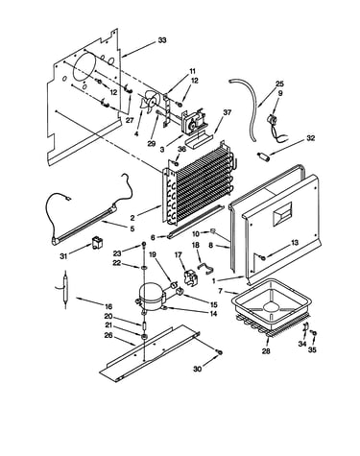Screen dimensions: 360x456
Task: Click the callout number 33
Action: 162,40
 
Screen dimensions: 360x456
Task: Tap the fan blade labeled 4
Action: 148,101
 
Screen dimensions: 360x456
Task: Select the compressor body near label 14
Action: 152,297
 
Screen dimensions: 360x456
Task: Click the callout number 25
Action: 279,84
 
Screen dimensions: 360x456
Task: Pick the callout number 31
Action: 63,256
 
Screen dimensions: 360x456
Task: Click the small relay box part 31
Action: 96,243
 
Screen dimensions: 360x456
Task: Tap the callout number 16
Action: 108,307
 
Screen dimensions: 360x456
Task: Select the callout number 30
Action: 198,369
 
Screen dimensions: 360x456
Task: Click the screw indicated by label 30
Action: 220,352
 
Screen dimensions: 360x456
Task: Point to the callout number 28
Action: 266,351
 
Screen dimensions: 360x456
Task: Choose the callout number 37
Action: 227,112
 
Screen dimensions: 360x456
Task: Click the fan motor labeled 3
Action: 193,121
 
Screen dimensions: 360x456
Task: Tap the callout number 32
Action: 310,138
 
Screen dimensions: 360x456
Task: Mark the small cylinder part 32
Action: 262,157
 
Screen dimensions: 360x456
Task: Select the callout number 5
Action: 132,229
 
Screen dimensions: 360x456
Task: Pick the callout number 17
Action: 179,254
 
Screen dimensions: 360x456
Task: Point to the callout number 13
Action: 294,243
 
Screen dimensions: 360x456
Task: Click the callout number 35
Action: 312,349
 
